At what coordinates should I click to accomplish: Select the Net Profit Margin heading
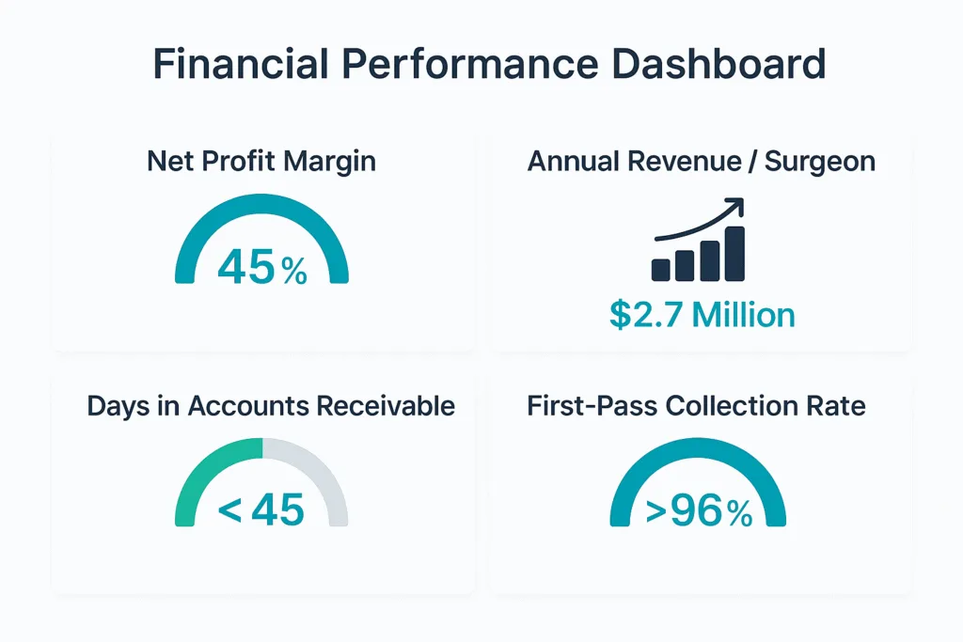(261, 161)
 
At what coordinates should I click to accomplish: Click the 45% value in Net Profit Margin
(261, 267)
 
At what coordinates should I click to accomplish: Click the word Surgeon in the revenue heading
(819, 161)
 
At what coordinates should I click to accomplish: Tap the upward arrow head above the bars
(735, 206)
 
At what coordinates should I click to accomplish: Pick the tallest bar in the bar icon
(734, 253)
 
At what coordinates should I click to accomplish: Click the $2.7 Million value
(702, 315)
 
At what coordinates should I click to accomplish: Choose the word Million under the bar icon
(743, 315)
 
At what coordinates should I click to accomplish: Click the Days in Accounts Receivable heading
(271, 406)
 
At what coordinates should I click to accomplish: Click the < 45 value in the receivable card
(261, 510)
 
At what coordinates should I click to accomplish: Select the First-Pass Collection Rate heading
(696, 406)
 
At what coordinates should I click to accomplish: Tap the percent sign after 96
(739, 513)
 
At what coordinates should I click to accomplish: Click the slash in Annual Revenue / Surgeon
(752, 161)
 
